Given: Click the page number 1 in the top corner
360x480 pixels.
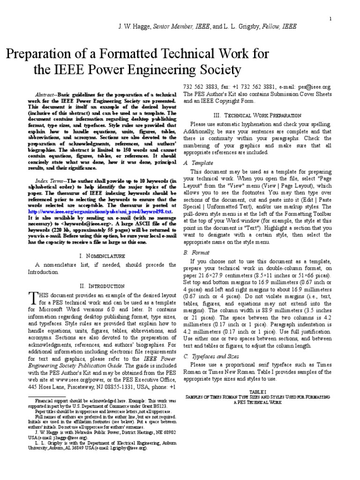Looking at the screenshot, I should coord(330,19).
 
